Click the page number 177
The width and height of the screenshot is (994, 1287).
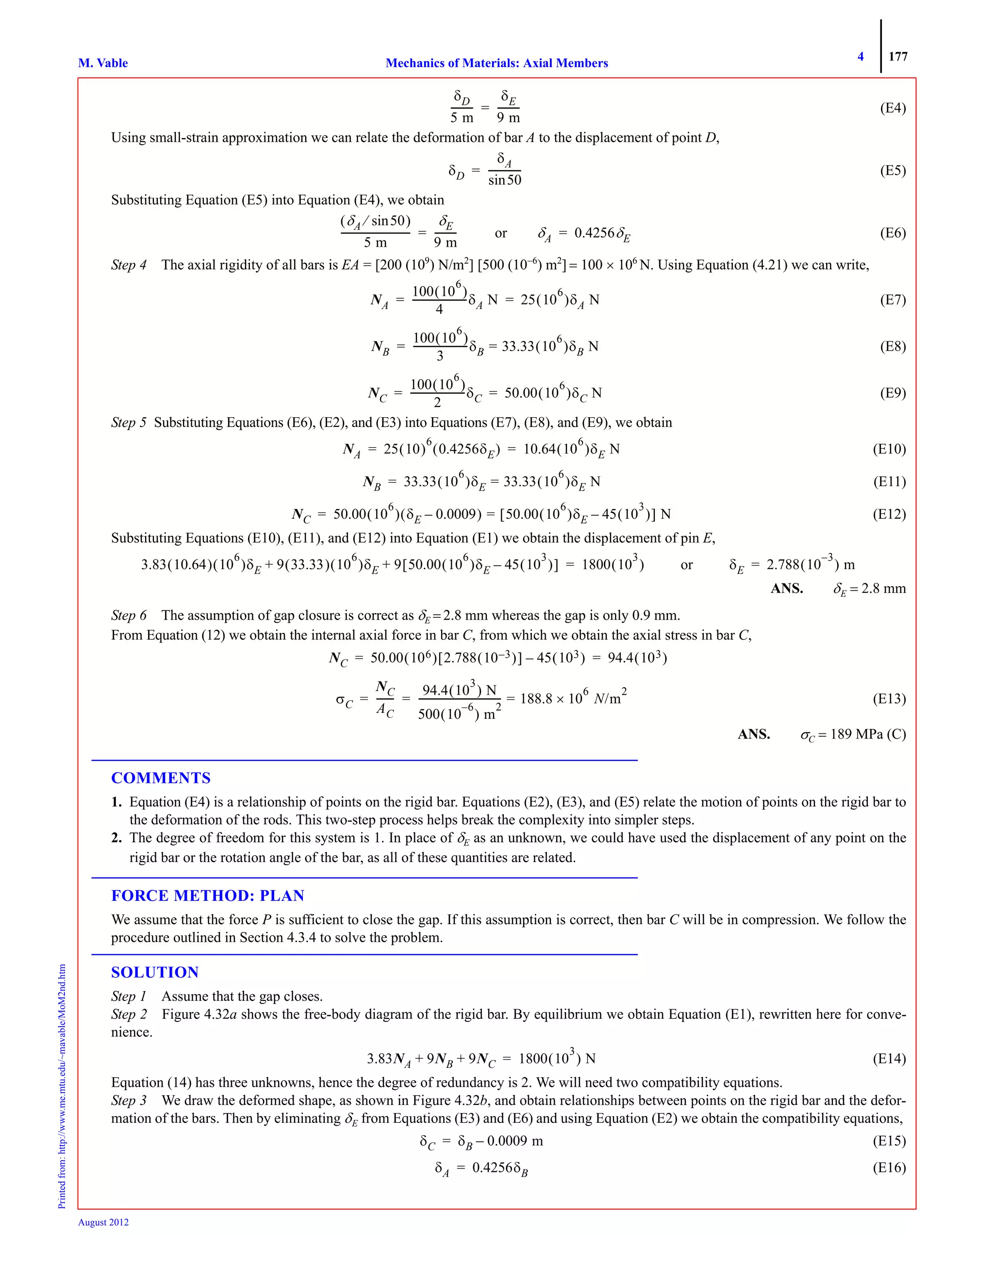[x=897, y=56]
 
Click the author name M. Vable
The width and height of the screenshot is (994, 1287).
[x=103, y=63]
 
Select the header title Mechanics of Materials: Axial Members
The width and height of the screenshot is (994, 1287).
[x=497, y=63]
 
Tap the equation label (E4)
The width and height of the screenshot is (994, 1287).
[x=893, y=108]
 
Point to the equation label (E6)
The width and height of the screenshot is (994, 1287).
[x=893, y=233]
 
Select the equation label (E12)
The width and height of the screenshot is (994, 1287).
[x=889, y=514]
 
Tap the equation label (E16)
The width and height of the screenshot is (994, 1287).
[x=889, y=1168]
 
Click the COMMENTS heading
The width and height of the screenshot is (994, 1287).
[x=161, y=778]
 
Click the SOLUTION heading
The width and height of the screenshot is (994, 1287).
[x=155, y=972]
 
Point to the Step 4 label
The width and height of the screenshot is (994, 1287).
[x=128, y=265]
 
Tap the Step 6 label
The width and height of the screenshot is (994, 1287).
[x=128, y=615]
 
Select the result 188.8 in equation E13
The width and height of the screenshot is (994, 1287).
[x=536, y=699]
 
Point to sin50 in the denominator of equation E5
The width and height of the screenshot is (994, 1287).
[x=505, y=180]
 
